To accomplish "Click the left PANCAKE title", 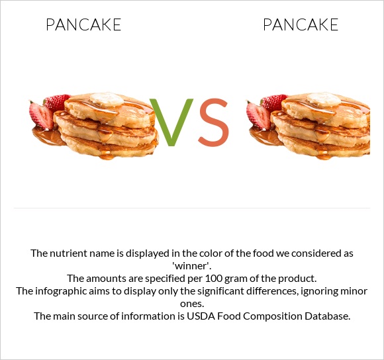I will pyautogui.click(x=83, y=25).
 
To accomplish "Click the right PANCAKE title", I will pyautogui.click(x=301, y=25).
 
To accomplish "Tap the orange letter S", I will pyautogui.click(x=213, y=122).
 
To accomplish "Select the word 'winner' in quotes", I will pyautogui.click(x=191, y=265).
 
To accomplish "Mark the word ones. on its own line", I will pyautogui.click(x=192, y=303).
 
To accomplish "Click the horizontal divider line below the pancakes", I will pyautogui.click(x=192, y=208).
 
